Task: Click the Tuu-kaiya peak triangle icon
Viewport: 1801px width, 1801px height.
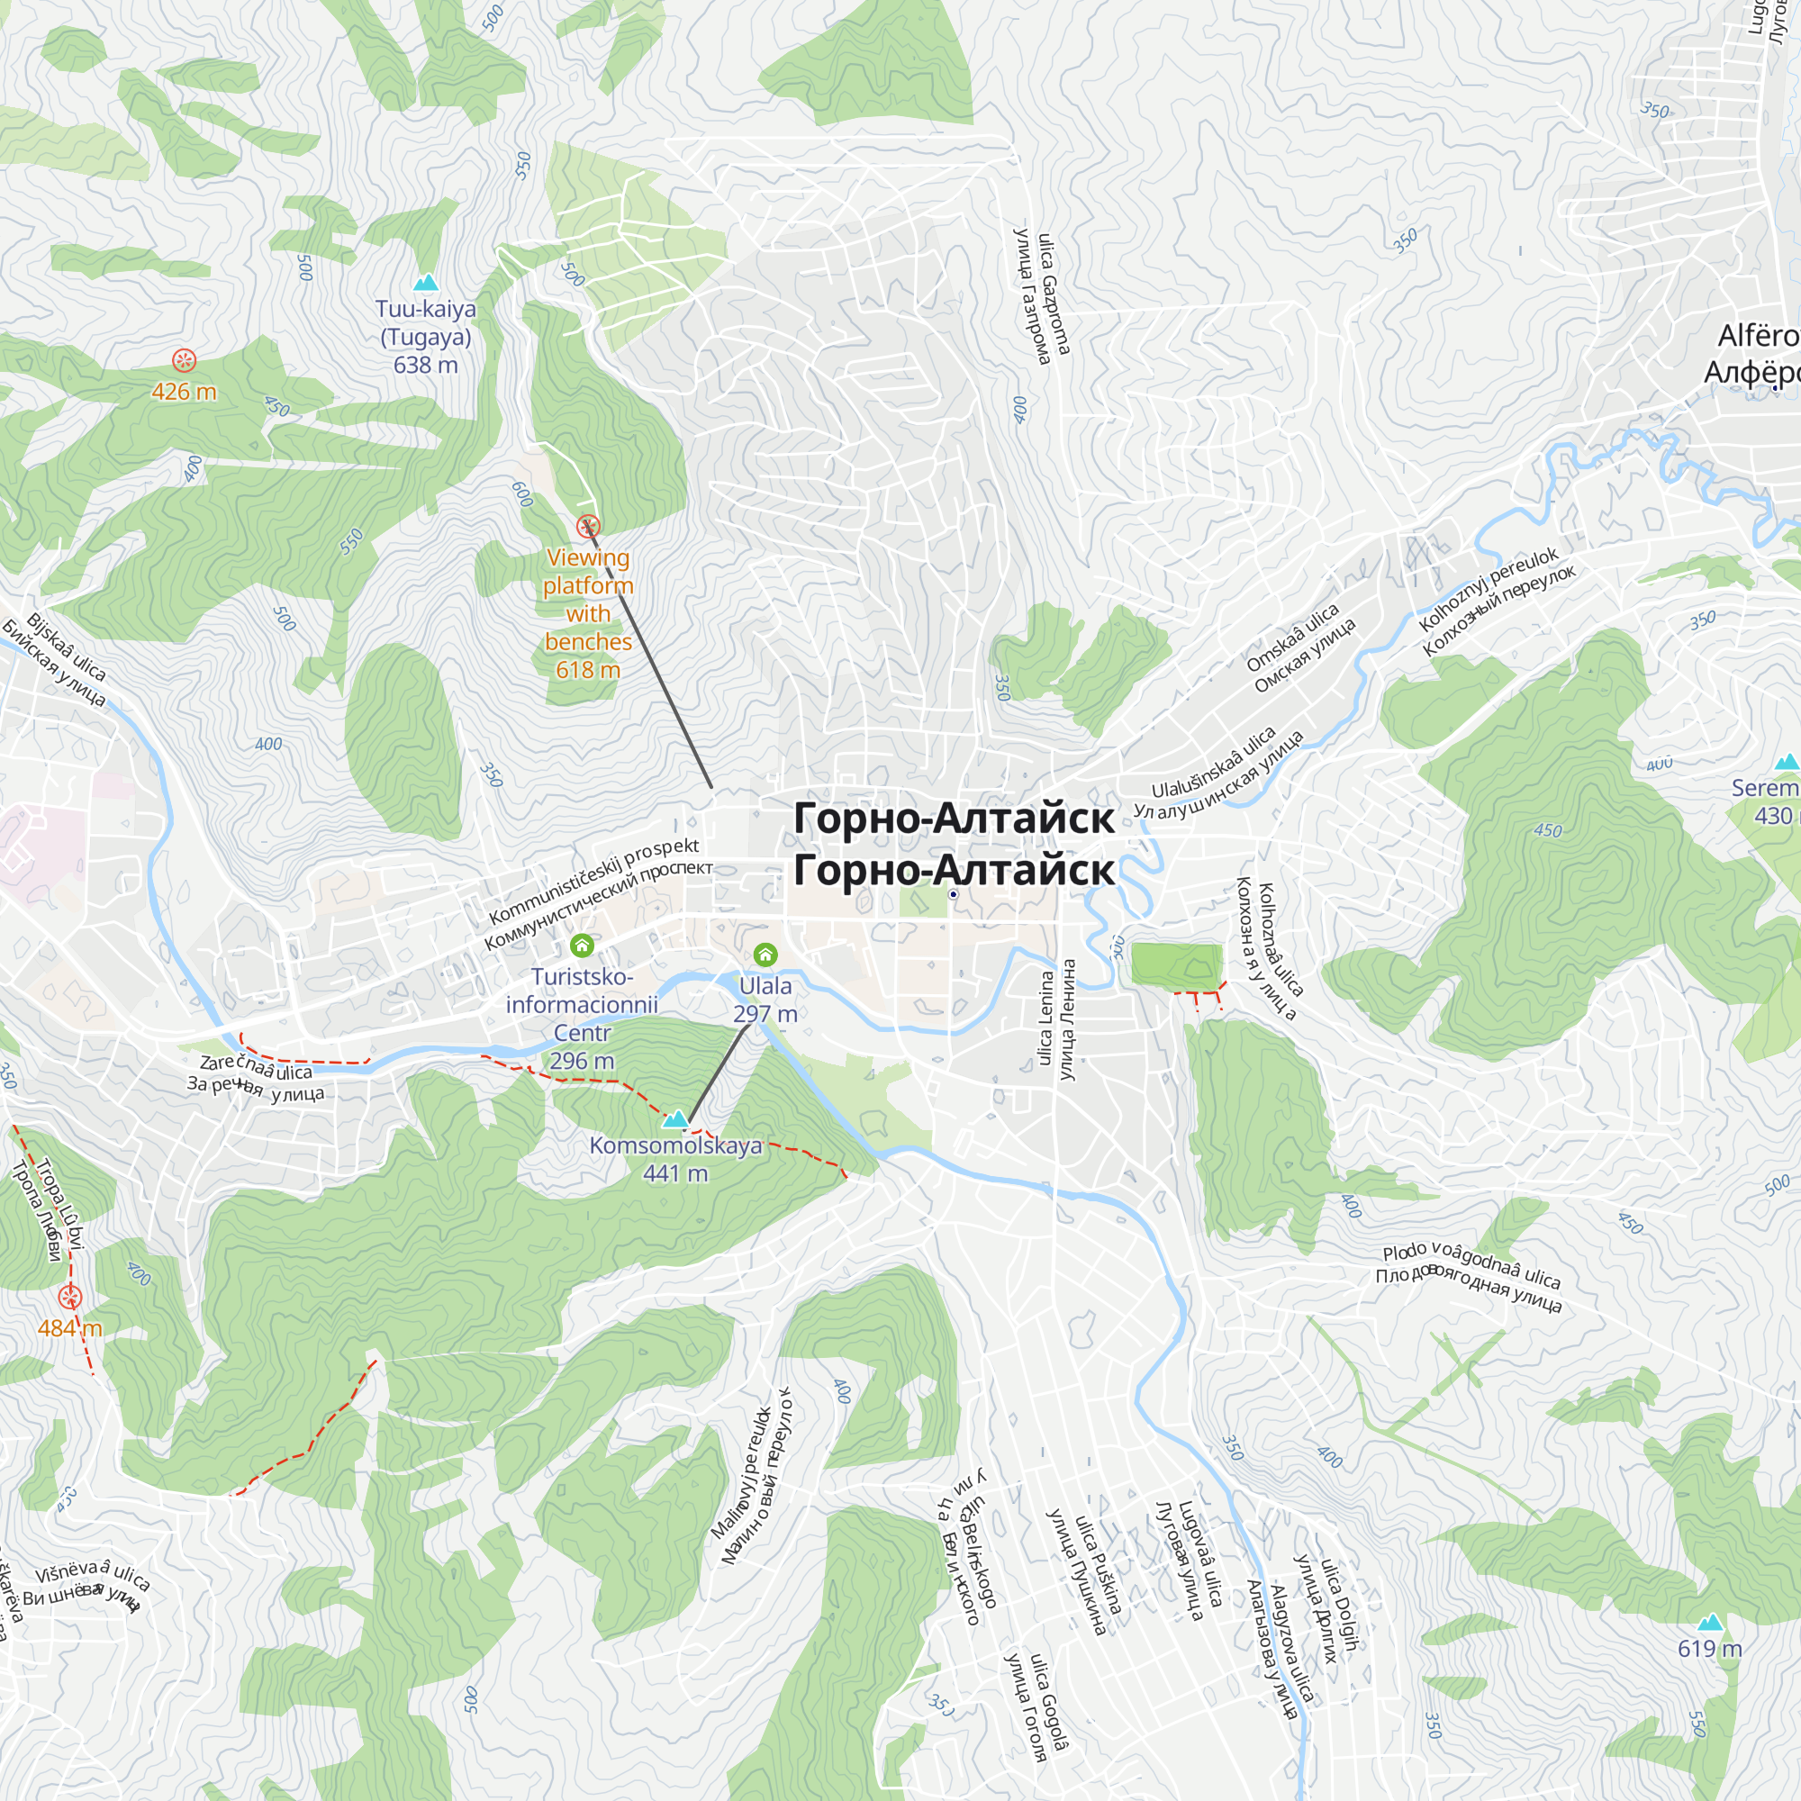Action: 426,282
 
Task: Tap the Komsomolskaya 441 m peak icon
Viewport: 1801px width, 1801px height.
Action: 674,1118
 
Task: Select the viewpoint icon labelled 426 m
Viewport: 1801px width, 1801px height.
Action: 185,360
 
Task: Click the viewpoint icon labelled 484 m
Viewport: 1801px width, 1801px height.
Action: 70,1297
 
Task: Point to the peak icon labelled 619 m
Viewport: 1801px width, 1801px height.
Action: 1710,1622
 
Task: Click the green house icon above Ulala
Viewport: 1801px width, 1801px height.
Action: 765,955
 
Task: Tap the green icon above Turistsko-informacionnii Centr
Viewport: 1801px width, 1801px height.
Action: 582,946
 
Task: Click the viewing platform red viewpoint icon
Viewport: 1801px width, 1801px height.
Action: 587,526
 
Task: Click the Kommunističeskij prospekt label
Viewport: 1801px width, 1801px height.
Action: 593,881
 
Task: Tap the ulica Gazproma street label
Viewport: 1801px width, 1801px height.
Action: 1054,294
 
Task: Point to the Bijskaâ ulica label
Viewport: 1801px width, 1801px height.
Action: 65,647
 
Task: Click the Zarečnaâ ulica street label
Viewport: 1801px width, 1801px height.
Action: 256,1067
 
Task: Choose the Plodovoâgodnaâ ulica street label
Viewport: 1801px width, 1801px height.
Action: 1471,1264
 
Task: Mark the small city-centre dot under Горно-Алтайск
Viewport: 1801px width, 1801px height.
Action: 953,894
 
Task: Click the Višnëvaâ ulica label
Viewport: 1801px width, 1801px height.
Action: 92,1574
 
